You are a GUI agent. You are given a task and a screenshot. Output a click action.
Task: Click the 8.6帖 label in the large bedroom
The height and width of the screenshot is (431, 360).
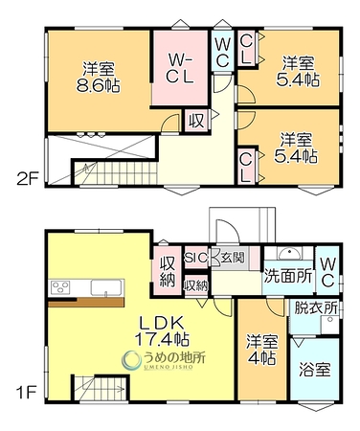click(98, 85)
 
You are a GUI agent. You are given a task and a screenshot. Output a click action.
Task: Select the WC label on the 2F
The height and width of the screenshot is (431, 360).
click(222, 52)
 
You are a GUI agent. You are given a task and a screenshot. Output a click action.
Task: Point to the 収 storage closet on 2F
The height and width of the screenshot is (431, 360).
click(196, 121)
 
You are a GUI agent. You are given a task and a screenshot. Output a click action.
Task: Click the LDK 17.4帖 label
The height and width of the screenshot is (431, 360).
click(163, 330)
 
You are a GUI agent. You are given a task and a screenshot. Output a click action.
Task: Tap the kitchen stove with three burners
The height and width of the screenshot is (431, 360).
click(60, 286)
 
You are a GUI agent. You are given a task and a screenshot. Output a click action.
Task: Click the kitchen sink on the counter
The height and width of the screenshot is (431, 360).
click(106, 287)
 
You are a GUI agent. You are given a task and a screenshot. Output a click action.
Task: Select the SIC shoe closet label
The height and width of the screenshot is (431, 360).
click(196, 258)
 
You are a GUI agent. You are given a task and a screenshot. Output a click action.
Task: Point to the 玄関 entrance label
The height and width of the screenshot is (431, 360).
click(233, 257)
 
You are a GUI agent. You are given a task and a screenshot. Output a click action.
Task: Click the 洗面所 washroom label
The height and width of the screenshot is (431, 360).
click(288, 276)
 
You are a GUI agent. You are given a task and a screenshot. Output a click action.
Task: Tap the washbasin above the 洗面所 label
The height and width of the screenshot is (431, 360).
click(289, 254)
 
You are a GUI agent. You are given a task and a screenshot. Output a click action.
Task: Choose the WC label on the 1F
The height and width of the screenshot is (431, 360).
click(327, 272)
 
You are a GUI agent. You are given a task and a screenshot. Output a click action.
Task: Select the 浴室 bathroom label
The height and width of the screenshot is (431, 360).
click(315, 370)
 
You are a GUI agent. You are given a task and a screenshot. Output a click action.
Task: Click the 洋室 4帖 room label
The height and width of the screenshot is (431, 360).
click(261, 350)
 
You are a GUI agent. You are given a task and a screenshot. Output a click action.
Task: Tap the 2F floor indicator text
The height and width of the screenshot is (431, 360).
click(28, 180)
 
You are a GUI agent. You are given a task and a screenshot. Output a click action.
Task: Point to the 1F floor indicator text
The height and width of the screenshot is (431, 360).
click(26, 393)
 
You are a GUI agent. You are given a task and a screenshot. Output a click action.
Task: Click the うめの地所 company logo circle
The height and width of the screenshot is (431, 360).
click(131, 360)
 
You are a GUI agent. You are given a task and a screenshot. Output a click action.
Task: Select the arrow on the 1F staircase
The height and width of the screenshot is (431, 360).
click(109, 389)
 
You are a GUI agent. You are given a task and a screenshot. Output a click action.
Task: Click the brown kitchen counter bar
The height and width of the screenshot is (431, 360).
click(86, 303)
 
